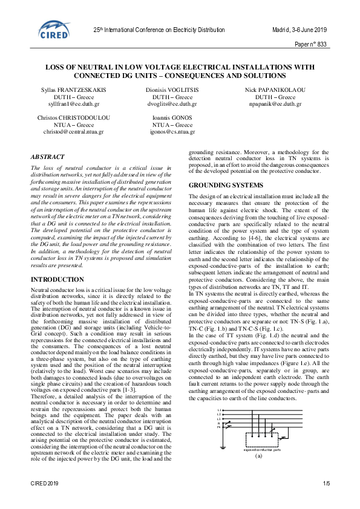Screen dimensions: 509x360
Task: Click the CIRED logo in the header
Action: click(54, 28)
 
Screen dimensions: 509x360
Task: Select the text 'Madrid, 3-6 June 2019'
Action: click(298, 30)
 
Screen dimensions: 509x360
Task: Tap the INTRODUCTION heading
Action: click(57, 280)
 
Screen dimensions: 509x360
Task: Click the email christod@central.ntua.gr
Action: click(67, 131)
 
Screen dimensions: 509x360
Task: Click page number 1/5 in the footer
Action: click(326, 484)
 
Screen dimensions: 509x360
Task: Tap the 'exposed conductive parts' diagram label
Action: click(262, 450)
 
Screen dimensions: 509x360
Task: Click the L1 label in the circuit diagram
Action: click(219, 409)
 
